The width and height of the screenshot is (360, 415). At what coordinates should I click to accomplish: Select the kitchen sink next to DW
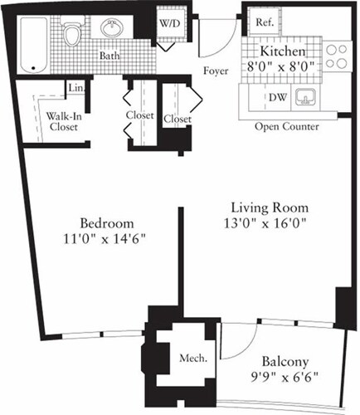(x=308, y=99)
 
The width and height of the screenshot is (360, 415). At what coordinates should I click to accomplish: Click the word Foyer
(x=215, y=71)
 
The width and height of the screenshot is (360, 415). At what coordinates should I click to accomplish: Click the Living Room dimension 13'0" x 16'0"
(x=258, y=222)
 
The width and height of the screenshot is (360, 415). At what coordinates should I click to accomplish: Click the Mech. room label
(x=189, y=359)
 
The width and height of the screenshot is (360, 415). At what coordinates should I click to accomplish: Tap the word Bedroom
(x=108, y=224)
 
